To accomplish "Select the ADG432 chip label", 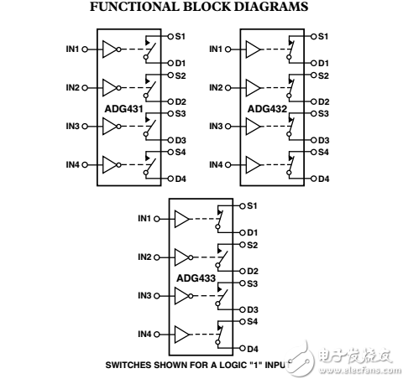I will (266, 110).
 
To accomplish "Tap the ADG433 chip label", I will (195, 278).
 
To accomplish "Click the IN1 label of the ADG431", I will (72, 49).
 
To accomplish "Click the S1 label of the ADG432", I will (324, 36).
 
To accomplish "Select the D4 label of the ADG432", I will (324, 179).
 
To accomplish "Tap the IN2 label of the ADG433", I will (145, 257).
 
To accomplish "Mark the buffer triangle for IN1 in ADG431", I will (108, 49).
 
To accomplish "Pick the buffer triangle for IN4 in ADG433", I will (181, 335).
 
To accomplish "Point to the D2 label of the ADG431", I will (180, 101).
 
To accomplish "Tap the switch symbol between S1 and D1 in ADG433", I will (220, 219).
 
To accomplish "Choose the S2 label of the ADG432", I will (324, 75).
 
